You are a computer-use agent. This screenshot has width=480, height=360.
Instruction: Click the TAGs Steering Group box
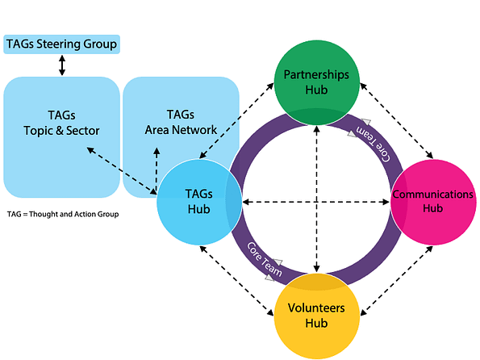[61, 44]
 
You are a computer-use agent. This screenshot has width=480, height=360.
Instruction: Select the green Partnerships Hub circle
[316, 82]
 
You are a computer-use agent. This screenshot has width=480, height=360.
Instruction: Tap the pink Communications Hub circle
[433, 202]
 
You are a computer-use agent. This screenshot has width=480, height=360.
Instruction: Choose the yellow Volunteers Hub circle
[316, 316]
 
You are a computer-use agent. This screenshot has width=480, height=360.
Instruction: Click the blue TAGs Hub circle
[199, 202]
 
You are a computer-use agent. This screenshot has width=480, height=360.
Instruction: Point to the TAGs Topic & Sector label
[61, 123]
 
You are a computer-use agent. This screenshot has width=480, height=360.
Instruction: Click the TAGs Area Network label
[181, 122]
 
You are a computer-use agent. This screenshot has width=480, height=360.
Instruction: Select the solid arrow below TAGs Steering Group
[62, 65]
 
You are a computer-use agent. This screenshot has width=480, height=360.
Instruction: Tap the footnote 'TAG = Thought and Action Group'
[63, 214]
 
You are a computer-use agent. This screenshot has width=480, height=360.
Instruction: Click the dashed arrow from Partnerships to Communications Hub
[396, 121]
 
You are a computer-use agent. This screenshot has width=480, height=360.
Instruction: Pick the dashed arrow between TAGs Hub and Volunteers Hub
[236, 281]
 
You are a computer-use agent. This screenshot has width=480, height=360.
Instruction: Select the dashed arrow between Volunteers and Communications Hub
[396, 281]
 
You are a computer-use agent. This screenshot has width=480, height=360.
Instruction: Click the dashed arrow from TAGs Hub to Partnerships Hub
[236, 120]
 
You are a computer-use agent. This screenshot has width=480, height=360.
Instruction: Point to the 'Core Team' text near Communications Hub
[374, 144]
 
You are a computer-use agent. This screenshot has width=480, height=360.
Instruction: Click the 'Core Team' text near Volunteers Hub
[265, 259]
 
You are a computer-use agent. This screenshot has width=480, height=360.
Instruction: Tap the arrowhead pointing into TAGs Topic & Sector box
[90, 150]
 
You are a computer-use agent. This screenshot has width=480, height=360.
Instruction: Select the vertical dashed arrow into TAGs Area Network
[157, 170]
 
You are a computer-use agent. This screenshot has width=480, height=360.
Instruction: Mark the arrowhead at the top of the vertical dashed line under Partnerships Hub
[316, 129]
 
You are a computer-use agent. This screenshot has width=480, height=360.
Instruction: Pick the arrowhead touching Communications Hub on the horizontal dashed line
[386, 202]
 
